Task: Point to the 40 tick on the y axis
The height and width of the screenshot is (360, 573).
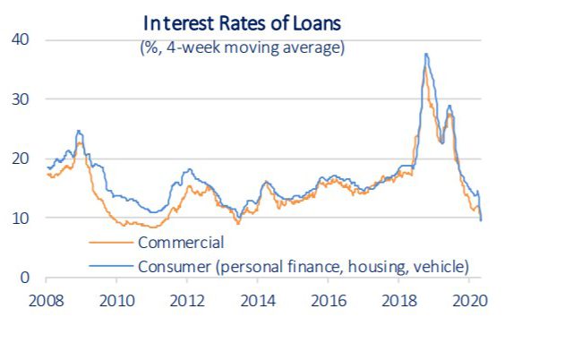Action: [20, 39]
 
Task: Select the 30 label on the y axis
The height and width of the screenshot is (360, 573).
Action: [20, 99]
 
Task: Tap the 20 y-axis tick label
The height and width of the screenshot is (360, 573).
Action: [20, 159]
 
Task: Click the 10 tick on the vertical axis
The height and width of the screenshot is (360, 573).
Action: [20, 218]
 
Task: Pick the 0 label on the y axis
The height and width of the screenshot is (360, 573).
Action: [24, 277]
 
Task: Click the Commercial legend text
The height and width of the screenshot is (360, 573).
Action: [180, 242]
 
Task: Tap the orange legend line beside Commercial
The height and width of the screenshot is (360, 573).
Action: [112, 242]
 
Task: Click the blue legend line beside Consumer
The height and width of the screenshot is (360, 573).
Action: [112, 265]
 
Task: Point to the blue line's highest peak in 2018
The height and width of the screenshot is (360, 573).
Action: [426, 55]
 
